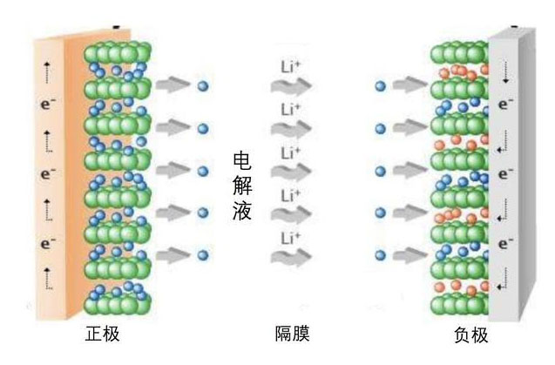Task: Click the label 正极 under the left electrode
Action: pyautogui.click(x=102, y=335)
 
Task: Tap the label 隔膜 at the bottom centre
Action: pyautogui.click(x=291, y=335)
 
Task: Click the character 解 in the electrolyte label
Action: pyautogui.click(x=243, y=185)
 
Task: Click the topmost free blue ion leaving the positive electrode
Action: pyautogui.click(x=203, y=86)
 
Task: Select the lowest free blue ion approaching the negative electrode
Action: pyautogui.click(x=380, y=256)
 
